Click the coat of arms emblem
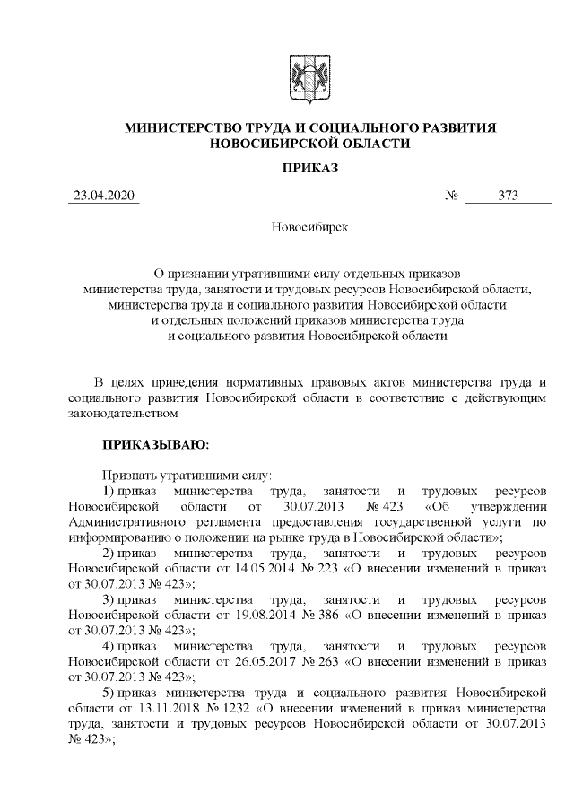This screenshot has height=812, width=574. click(x=309, y=74)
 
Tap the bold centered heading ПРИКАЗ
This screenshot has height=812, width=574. click(x=309, y=169)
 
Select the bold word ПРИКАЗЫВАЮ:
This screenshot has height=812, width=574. click(x=155, y=443)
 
